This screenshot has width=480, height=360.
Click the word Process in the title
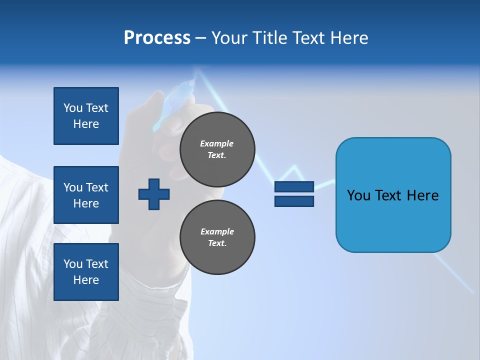[x=157, y=38]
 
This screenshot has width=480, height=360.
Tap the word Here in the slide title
[x=349, y=38]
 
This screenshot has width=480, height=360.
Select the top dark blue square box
[x=86, y=116]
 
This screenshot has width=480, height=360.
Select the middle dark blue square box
[x=86, y=195]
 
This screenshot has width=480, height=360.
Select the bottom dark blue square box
[x=86, y=272]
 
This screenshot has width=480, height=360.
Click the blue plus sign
[x=154, y=194]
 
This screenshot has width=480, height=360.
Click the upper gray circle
[x=217, y=149]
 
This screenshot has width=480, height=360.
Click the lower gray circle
[x=217, y=237]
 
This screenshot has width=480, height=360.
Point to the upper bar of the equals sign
[x=294, y=186]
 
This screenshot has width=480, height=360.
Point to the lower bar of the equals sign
[x=294, y=201]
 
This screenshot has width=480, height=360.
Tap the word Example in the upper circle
[x=216, y=143]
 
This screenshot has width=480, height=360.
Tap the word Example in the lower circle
[x=217, y=231]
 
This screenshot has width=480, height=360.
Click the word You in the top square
[x=72, y=108]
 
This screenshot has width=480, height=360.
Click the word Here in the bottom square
[x=86, y=280]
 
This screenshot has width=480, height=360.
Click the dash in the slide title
[x=201, y=38]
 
